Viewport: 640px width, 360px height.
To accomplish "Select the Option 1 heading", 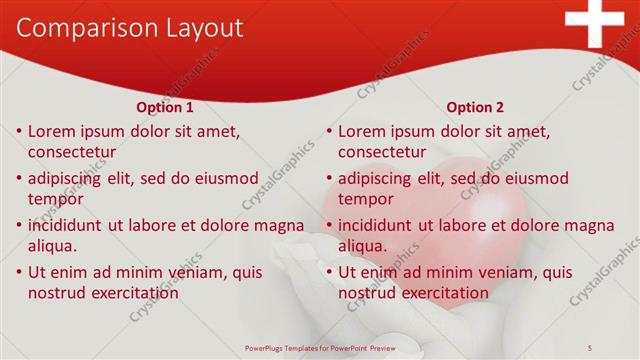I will (x=165, y=107).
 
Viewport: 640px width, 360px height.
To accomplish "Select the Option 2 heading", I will (x=475, y=107).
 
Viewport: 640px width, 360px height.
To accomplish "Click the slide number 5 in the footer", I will (x=590, y=347).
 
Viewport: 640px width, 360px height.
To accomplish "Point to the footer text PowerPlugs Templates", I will (x=290, y=347).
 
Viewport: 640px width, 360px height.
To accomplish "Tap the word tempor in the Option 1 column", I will (x=55, y=199).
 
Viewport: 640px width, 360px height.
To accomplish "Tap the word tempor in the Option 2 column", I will (x=365, y=199).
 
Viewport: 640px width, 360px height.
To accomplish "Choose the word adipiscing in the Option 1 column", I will (x=67, y=179).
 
